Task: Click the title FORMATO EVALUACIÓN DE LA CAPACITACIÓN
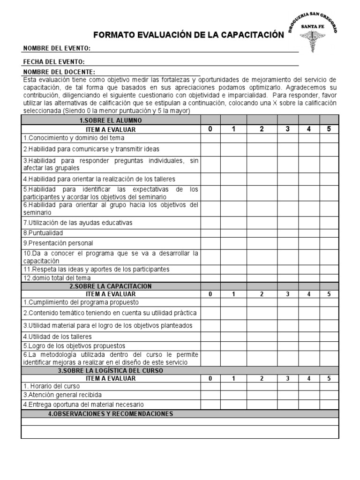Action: coord(189,35)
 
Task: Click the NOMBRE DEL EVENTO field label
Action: coord(57,49)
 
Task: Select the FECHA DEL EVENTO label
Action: coord(53,62)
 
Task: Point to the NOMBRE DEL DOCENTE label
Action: coord(59,72)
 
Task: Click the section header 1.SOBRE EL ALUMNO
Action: coord(111,120)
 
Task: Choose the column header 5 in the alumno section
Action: coord(329,129)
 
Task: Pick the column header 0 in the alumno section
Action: coord(210,129)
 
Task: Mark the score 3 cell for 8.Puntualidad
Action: coord(288,233)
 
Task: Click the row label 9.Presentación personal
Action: coord(59,243)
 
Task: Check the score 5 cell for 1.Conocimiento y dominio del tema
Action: coord(329,138)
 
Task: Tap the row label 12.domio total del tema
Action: coord(57,278)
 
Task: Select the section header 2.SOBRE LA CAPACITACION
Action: coord(111,286)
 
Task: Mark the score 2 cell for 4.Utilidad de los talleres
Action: coord(262,337)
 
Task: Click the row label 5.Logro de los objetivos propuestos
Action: coord(70,345)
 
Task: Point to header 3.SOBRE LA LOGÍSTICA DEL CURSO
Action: coord(111,370)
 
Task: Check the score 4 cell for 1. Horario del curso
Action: coord(309,387)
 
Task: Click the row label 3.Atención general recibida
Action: coord(62,395)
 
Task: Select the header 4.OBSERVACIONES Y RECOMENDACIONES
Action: coord(111,414)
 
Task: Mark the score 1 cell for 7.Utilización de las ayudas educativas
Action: coord(233,223)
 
